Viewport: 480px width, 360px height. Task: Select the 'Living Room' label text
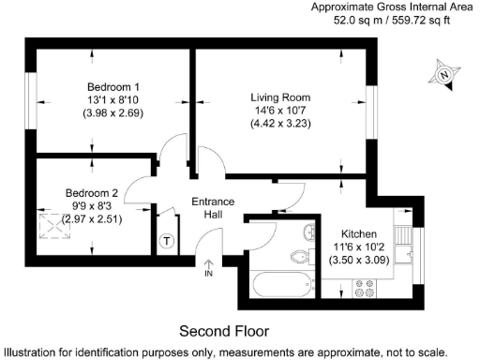(280, 97)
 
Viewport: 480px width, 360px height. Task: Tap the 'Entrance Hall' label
(213, 208)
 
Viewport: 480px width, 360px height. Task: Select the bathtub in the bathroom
(282, 283)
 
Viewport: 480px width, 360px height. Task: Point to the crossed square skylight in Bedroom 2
(46, 221)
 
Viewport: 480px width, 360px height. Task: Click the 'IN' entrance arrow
(208, 270)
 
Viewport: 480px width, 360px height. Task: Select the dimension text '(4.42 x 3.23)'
(280, 126)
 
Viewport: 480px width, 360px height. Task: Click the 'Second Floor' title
(223, 331)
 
